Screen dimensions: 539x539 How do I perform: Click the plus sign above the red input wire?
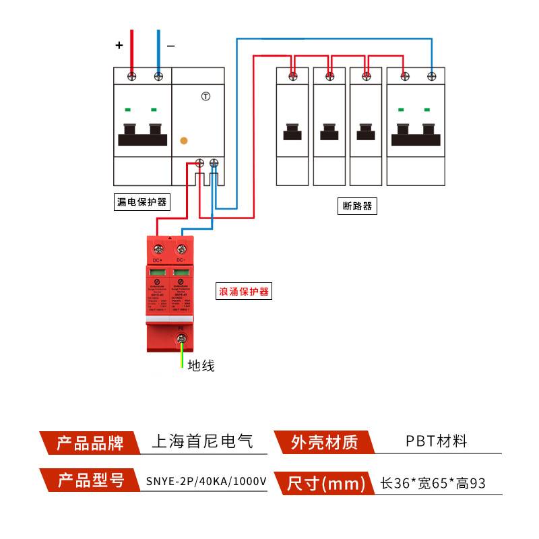point(119,46)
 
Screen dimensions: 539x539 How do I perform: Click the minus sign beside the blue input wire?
point(170,46)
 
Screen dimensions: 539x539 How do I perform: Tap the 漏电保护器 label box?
point(141,202)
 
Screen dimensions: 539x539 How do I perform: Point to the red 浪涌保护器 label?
point(243,292)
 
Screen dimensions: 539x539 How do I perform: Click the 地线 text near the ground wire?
point(201,366)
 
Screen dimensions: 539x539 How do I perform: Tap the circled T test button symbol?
point(205,96)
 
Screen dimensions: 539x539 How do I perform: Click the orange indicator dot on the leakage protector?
point(183,141)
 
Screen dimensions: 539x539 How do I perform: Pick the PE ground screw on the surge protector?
point(181,338)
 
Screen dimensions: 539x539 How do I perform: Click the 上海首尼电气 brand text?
point(203,442)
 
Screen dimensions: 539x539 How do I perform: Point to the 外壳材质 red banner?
point(323,443)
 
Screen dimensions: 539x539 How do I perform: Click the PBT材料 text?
point(436,442)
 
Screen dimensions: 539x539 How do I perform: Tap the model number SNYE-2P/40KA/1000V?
point(206,482)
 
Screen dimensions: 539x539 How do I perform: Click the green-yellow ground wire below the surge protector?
point(181,357)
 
